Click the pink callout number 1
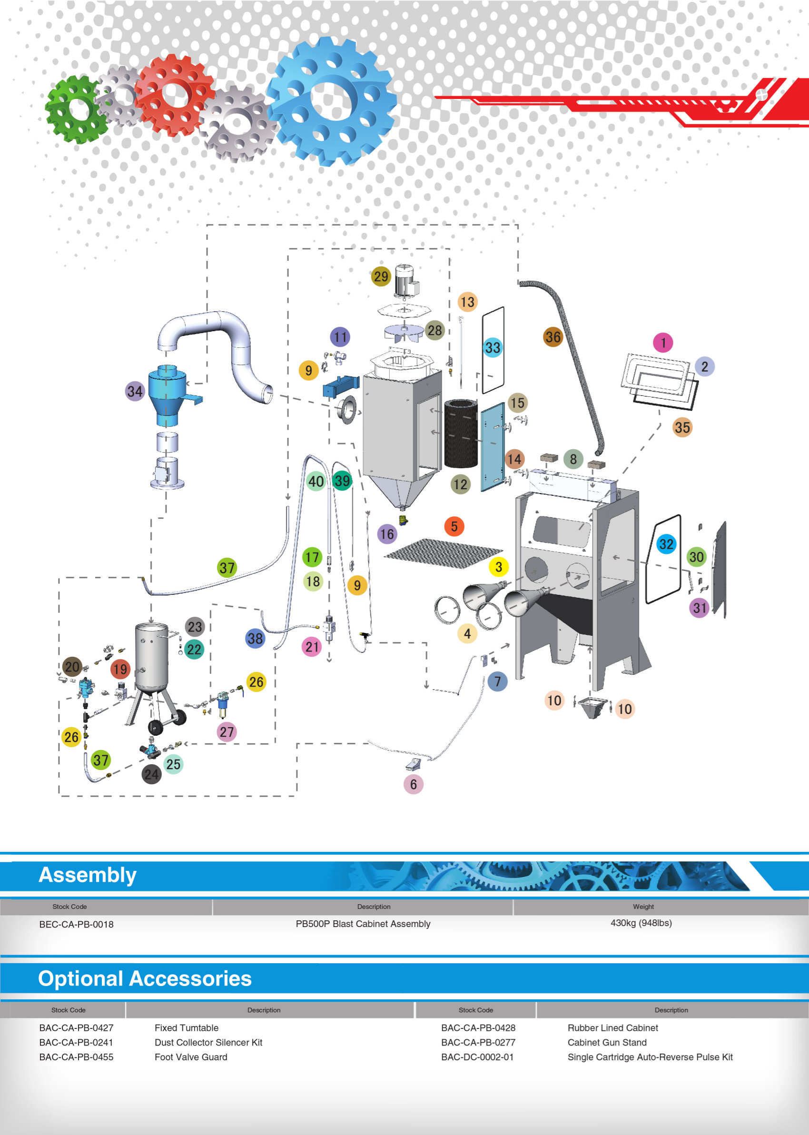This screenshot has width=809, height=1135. (662, 343)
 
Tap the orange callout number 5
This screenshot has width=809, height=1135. (454, 526)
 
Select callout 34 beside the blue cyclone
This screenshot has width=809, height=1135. (135, 391)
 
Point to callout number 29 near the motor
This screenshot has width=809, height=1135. (381, 276)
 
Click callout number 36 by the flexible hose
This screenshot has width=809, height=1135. (552, 337)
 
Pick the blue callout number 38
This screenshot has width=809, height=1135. (255, 639)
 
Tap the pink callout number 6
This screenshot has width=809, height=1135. (413, 784)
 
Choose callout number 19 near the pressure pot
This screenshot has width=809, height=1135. (120, 669)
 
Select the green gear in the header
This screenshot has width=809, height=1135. (76, 109)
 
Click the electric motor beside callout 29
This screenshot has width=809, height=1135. (406, 281)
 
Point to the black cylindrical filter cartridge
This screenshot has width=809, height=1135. (460, 433)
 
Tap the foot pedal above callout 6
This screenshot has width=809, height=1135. (413, 764)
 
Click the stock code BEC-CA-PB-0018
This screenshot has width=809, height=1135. (76, 924)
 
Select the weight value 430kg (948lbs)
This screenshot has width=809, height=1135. (641, 923)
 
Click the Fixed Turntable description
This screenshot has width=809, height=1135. (187, 1028)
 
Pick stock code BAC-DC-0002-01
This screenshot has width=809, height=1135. (477, 1057)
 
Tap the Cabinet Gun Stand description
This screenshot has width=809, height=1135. (607, 1042)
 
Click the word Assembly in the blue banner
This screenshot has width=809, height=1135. (88, 875)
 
